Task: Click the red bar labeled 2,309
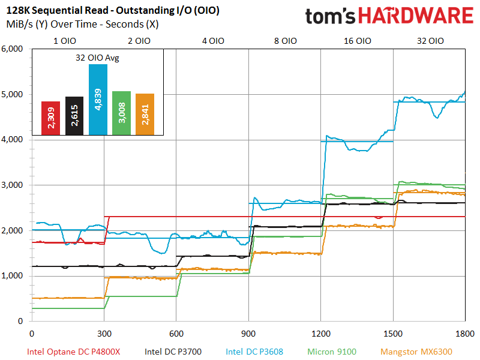coord(50,118)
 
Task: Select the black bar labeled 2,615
coord(74,116)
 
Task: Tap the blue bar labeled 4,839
coord(98,100)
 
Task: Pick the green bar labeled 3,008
coord(121,113)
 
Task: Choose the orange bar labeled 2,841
coord(145,114)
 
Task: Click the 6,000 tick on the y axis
coord(13,49)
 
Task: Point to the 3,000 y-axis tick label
coord(13,185)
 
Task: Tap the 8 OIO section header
coord(284,41)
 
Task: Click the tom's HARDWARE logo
coord(389,16)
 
